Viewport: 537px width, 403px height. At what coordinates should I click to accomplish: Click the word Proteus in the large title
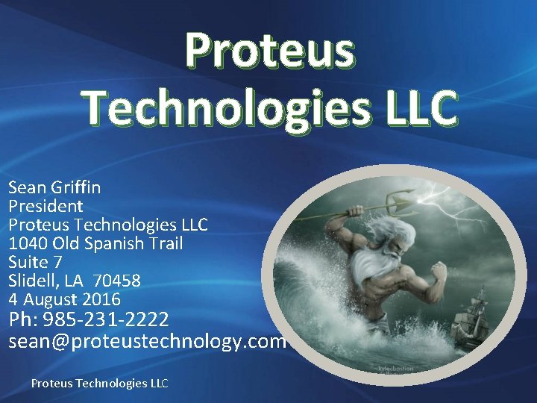click(x=270, y=51)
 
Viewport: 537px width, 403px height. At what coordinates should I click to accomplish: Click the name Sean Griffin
click(x=54, y=187)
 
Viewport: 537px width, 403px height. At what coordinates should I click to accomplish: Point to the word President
click(x=45, y=206)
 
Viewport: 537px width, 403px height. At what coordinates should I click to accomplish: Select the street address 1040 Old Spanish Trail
click(x=95, y=243)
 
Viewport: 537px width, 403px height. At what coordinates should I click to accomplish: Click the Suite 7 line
click(x=35, y=262)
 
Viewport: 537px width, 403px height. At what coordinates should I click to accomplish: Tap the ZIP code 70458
click(x=116, y=281)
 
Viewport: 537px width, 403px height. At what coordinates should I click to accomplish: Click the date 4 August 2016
click(x=64, y=299)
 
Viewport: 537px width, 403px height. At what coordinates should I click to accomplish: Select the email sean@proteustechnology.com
click(x=147, y=341)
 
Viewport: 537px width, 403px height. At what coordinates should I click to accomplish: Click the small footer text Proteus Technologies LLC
click(x=99, y=383)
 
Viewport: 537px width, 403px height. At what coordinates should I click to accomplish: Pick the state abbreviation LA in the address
click(x=74, y=281)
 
